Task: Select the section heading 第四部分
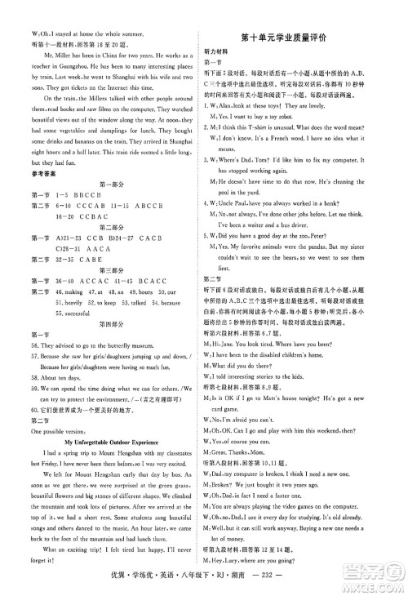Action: click(x=101, y=349)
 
